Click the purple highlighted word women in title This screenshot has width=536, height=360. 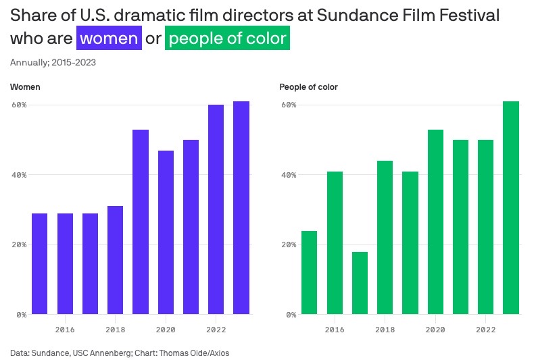coord(109,38)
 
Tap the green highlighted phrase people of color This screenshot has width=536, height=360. coord(227,38)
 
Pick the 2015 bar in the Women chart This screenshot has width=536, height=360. coord(40,263)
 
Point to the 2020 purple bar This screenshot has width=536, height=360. coord(166,232)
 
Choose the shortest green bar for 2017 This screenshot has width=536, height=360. coord(360,283)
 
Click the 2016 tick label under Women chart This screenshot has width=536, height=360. coord(65,330)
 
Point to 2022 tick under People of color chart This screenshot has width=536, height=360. coord(486,330)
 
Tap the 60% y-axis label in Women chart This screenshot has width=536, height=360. coord(19,105)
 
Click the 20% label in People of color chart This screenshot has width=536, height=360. coord(289,245)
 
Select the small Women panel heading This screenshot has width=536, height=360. coord(24,87)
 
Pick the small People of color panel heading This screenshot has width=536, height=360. coord(308,87)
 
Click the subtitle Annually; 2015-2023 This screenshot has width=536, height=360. coord(53,63)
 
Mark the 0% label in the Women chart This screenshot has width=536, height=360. coord(21,314)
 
